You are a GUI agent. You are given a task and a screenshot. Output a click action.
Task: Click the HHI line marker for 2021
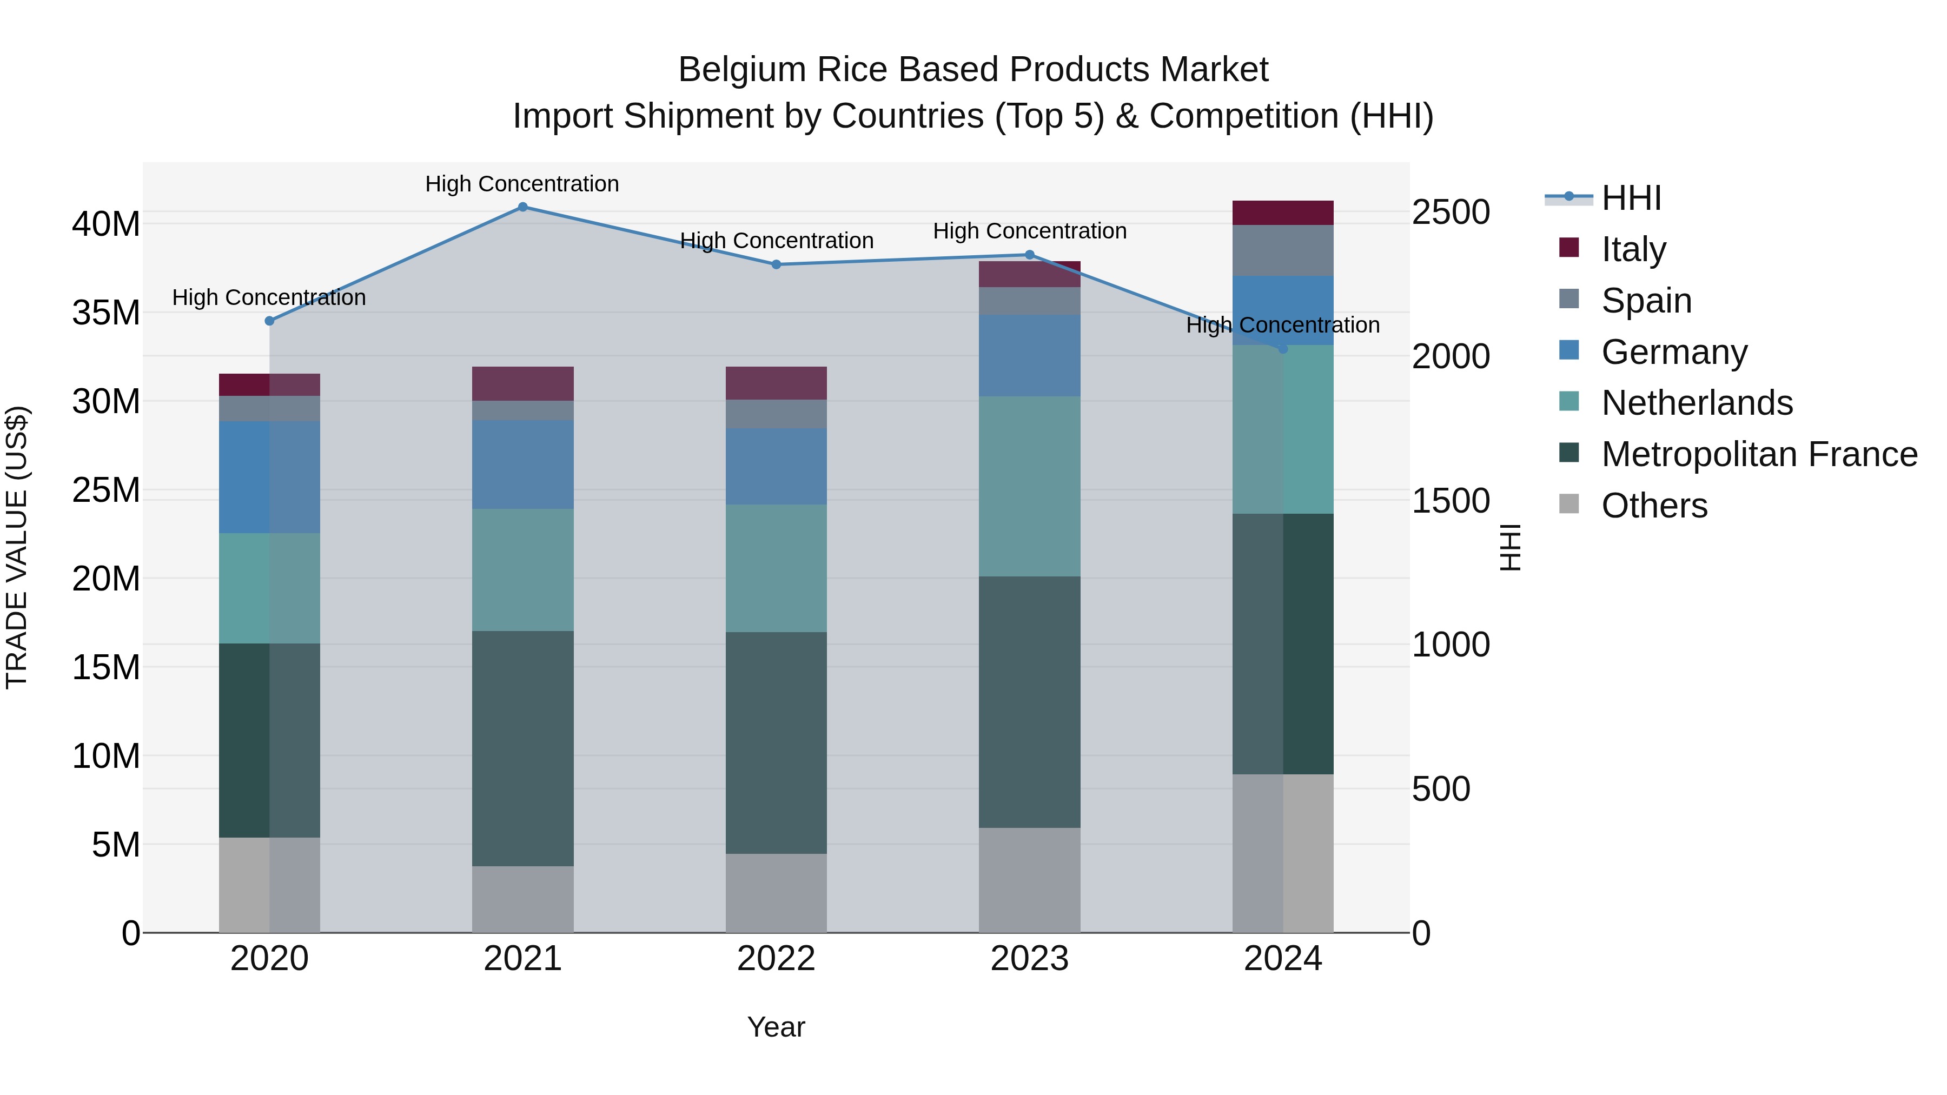[522, 207]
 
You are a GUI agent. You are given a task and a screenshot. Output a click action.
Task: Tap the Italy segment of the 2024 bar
[1283, 213]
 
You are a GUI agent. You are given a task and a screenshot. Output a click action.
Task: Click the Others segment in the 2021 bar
[522, 899]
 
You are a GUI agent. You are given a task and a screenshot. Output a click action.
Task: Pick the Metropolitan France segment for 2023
[1029, 702]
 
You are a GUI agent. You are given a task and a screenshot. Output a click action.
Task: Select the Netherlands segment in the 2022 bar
[776, 568]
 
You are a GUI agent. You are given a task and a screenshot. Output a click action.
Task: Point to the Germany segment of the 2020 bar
[269, 477]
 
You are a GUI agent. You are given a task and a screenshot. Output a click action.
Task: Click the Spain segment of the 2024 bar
[1283, 251]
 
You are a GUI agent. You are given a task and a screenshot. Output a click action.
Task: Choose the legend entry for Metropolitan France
[1759, 454]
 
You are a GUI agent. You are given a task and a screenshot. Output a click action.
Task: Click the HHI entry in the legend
[1631, 198]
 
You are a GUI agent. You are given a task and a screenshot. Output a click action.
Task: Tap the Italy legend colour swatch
[1569, 248]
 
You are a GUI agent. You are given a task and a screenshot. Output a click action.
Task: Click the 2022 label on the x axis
[776, 959]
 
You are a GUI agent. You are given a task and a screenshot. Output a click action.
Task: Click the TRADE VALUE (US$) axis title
[17, 547]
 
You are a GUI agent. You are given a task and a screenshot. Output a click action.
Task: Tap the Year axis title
[776, 1027]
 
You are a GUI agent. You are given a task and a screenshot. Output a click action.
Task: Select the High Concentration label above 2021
[522, 184]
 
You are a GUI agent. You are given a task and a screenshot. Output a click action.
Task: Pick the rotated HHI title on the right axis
[1509, 547]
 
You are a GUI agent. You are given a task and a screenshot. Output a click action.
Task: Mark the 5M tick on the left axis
[116, 845]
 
